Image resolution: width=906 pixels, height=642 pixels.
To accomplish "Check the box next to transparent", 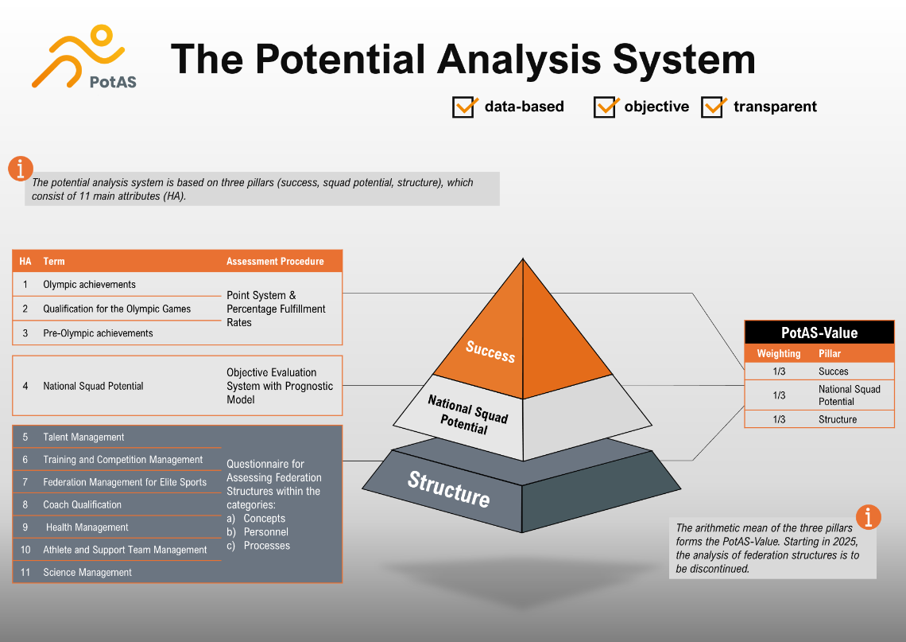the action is [713, 107].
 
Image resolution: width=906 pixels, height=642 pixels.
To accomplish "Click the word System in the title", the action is [683, 59].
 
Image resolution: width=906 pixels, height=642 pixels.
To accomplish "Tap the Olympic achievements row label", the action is [90, 285].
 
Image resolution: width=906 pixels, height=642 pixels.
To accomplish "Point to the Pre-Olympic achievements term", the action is [99, 333].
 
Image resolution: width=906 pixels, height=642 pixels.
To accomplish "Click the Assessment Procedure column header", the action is [275, 262].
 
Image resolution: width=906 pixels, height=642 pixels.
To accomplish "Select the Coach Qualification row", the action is [83, 505].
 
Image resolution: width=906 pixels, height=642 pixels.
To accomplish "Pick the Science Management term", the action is [88, 573].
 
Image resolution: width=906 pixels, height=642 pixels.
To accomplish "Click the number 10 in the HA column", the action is [25, 550].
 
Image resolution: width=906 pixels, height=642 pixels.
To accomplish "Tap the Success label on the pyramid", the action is [490, 351].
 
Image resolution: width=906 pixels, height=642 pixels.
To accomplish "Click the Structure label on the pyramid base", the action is [449, 488].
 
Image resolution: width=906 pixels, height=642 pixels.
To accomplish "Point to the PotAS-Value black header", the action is [819, 333].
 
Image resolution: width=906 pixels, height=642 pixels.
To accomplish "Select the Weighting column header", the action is [779, 353].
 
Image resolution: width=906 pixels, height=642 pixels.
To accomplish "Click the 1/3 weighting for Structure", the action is [779, 419].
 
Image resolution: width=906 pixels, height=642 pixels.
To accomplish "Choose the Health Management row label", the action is [87, 527].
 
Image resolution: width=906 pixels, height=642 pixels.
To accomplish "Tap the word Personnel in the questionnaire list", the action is [265, 532].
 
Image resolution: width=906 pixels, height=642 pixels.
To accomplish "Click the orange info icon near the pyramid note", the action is [869, 516].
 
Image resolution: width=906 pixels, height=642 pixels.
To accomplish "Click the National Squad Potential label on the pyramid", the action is [467, 414].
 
